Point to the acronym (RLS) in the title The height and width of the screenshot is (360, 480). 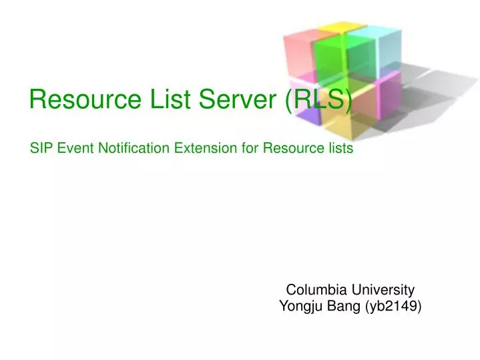click(x=318, y=100)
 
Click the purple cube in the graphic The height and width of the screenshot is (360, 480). click(x=307, y=117)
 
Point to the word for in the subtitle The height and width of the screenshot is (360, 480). click(x=251, y=148)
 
